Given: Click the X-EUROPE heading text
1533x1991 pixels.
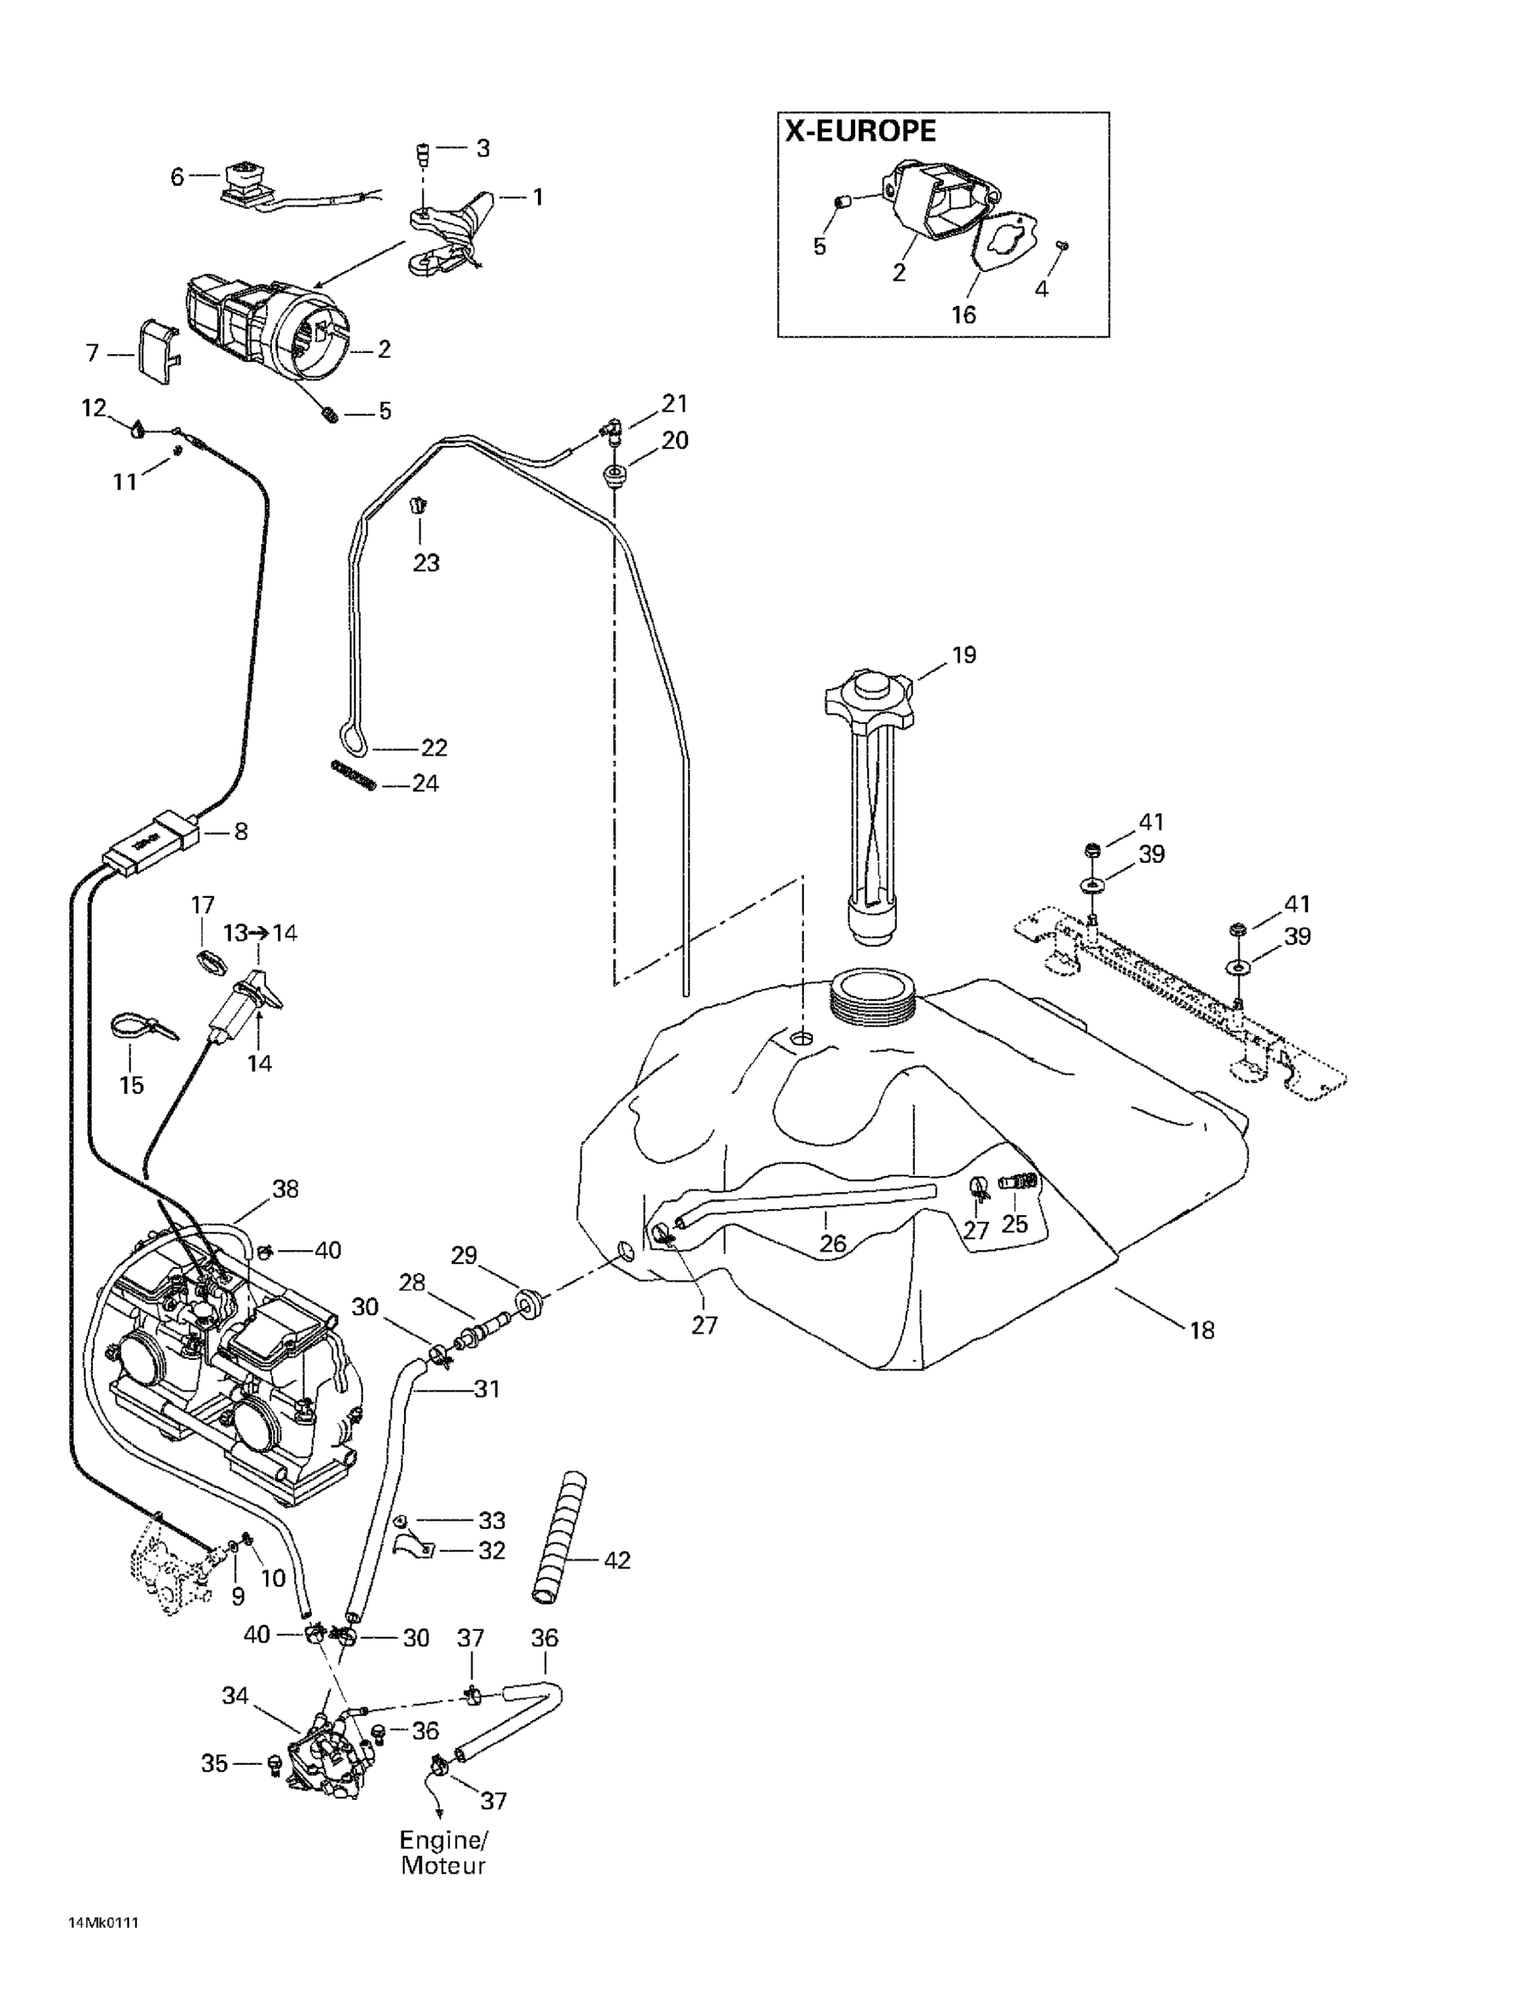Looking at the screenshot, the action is pos(860,131).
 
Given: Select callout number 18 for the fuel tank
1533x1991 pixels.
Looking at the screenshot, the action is pos(1202,1330).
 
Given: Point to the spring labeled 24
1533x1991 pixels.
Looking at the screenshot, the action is pos(353,776).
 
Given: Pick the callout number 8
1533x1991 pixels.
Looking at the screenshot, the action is pos(241,832).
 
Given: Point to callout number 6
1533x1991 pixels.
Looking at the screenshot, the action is pos(178,176).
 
